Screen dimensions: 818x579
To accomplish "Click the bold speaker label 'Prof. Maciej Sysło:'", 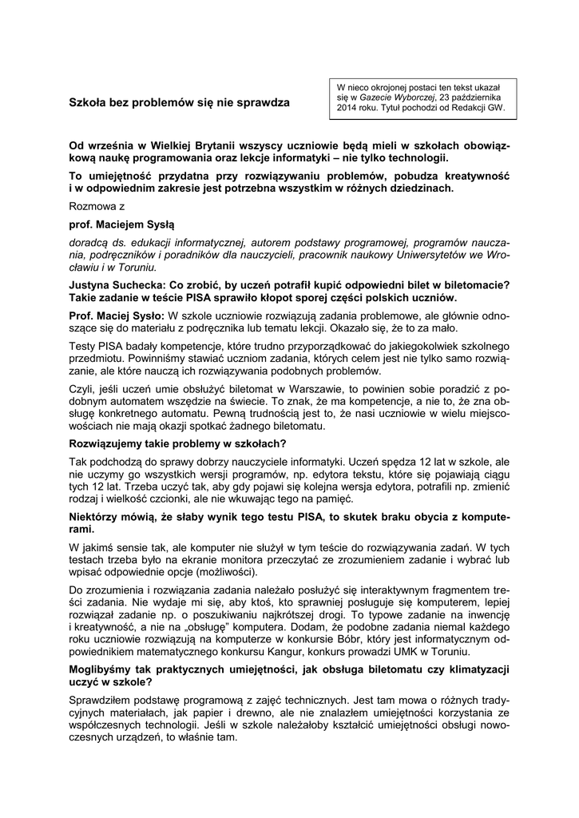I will pos(117,316).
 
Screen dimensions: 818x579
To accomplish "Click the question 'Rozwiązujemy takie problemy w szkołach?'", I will pos(177,443).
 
